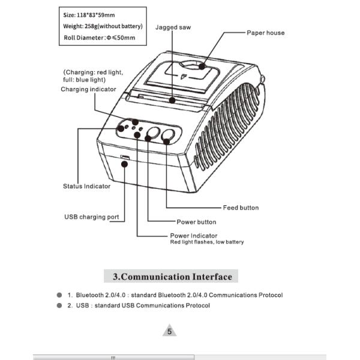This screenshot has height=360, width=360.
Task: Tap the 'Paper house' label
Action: [x=266, y=33]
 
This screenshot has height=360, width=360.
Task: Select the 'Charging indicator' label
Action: [x=88, y=89]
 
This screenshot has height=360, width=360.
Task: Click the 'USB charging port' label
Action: [x=91, y=217]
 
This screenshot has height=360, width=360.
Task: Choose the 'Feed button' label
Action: [x=241, y=208]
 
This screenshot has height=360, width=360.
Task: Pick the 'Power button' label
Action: [x=196, y=222]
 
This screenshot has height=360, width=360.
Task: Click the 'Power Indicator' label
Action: [x=194, y=236]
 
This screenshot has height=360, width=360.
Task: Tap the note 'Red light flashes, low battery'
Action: [x=207, y=242]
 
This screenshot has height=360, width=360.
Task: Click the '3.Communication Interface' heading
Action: [x=172, y=277]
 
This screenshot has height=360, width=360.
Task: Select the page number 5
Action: [x=170, y=331]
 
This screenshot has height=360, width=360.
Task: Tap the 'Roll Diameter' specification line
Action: [x=99, y=38]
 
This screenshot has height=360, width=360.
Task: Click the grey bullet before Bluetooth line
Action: [x=59, y=295]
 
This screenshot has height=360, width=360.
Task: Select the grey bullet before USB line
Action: [x=59, y=305]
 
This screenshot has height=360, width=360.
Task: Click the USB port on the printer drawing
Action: [x=125, y=158]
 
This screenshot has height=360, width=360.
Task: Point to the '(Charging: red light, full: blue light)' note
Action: [x=93, y=76]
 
